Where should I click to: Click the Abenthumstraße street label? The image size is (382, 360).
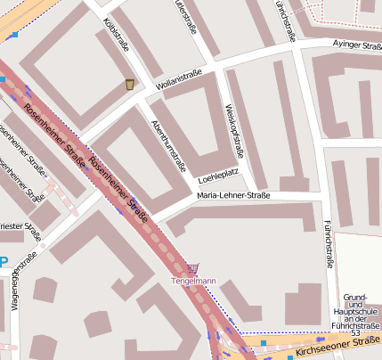tap(170, 144)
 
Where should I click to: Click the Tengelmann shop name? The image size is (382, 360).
tap(193, 282)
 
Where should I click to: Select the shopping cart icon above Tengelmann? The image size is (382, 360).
tap(193, 267)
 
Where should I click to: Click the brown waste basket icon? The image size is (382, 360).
tap(130, 84)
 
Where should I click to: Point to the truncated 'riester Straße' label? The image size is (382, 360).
tap(21, 231)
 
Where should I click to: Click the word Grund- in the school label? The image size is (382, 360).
tap(355, 296)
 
